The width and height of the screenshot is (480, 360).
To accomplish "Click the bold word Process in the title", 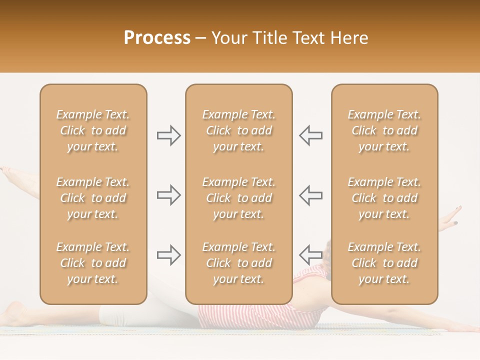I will (157, 38).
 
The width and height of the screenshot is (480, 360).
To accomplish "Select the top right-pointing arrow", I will (168, 135).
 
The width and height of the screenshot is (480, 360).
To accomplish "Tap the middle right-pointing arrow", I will (168, 195).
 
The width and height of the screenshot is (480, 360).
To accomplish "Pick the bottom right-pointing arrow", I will (168, 255).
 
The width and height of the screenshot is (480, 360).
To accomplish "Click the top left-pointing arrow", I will (310, 135).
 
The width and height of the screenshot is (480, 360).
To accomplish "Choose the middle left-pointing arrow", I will (310, 195).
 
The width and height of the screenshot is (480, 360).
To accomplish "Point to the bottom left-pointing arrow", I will (310, 255).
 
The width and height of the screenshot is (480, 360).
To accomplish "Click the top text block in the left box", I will (93, 130).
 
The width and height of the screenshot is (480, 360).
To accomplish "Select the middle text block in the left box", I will (93, 198).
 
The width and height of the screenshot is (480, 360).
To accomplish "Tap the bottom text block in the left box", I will (93, 263).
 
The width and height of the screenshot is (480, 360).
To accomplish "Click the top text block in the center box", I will (238, 130).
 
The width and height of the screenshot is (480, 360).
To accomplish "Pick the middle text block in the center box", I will (238, 198).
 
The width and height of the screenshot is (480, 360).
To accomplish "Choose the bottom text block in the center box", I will (238, 263).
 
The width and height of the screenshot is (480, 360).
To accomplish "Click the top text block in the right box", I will (384, 130).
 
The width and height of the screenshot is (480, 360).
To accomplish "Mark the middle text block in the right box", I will (384, 198).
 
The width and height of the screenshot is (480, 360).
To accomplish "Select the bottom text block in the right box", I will (384, 263).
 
